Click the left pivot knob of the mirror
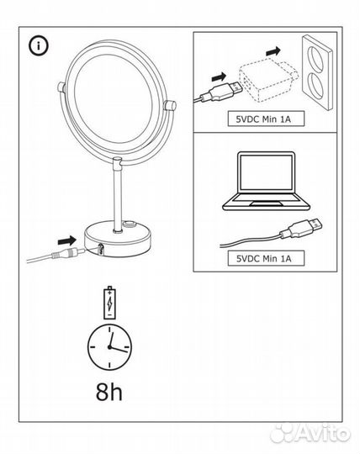point(58,87)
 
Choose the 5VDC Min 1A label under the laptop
point(262,258)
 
